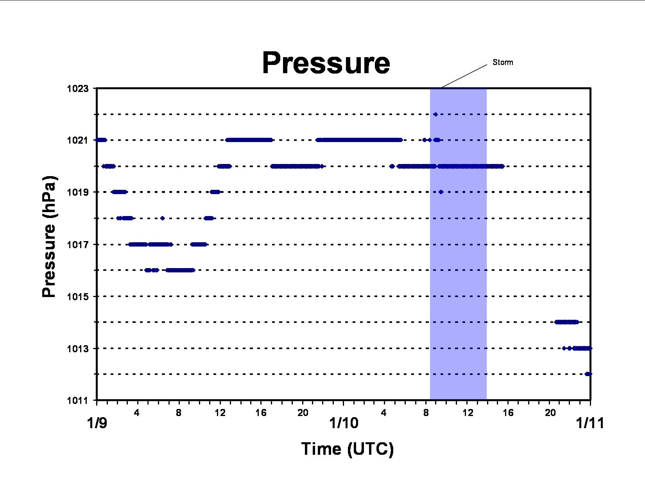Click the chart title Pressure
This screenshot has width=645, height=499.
point(326,63)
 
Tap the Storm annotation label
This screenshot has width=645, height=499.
point(503,62)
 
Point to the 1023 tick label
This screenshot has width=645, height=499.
point(78,88)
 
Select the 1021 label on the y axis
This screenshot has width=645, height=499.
point(78,140)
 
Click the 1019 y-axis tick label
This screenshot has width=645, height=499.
point(78,192)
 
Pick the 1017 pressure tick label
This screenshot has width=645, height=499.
point(78,244)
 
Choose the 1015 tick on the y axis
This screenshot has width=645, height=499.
point(78,296)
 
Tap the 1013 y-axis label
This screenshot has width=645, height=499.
point(78,348)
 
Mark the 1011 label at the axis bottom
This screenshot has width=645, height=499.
point(78,400)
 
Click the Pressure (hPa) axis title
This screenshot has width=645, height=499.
point(49,236)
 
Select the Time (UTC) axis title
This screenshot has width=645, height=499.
point(347,449)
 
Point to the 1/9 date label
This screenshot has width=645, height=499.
point(97,423)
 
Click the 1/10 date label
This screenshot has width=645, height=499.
point(344,423)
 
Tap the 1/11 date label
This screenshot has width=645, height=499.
point(590,423)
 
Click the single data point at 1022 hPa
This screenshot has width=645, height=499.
point(435,114)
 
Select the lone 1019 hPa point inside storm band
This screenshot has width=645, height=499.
point(441,192)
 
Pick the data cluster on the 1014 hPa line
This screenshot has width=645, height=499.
point(567,322)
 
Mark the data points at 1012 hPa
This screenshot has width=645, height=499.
point(588,374)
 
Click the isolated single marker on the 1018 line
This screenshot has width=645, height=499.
point(162,218)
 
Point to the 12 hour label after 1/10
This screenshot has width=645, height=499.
point(468,413)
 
